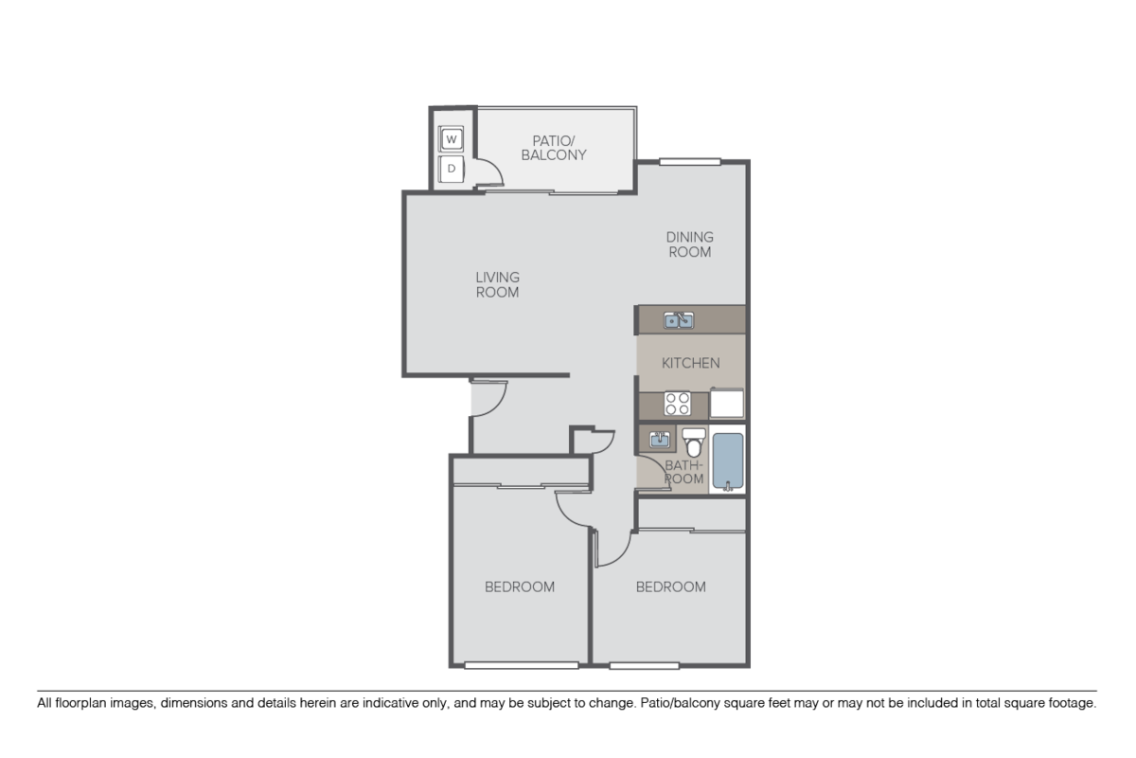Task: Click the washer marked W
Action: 452,140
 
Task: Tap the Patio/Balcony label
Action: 554,147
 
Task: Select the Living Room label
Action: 497,284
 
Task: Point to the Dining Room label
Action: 689,244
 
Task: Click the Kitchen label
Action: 690,363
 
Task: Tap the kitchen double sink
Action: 679,320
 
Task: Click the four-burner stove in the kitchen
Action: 677,404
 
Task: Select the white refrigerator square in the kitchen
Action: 726,404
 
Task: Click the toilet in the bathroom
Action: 695,442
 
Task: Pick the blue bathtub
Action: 728,461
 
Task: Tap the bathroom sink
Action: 660,440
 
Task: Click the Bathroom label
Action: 683,472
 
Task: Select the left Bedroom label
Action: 520,587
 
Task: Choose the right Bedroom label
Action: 670,587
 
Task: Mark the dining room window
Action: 691,161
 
